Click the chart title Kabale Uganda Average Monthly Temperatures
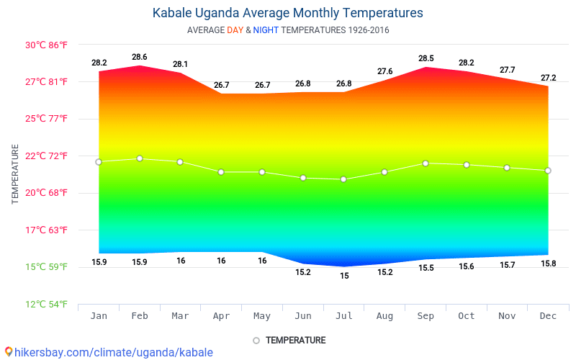pyautogui.click(x=287, y=13)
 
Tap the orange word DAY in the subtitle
pyautogui.click(x=235, y=30)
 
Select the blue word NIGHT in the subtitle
pyautogui.click(x=266, y=30)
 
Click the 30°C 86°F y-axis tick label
pyautogui.click(x=47, y=45)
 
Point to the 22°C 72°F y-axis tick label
pyautogui.click(x=47, y=156)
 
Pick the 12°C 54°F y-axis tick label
pyautogui.click(x=47, y=304)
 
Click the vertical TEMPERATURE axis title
pyautogui.click(x=15, y=174)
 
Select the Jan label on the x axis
pyautogui.click(x=99, y=316)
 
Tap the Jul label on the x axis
pyautogui.click(x=344, y=316)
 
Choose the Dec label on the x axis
pyautogui.click(x=548, y=316)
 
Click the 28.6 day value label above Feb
pyautogui.click(x=140, y=57)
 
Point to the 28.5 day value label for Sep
pyautogui.click(x=426, y=58)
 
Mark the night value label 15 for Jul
pyautogui.click(x=344, y=276)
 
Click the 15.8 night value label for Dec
pyautogui.click(x=548, y=264)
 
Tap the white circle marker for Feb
pyautogui.click(x=140, y=158)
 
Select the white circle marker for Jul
pyautogui.click(x=344, y=179)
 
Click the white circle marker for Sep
pyautogui.click(x=426, y=163)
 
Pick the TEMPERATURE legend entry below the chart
pyautogui.click(x=289, y=340)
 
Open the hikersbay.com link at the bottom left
pyautogui.click(x=108, y=352)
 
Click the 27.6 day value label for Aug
pyautogui.click(x=385, y=71)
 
